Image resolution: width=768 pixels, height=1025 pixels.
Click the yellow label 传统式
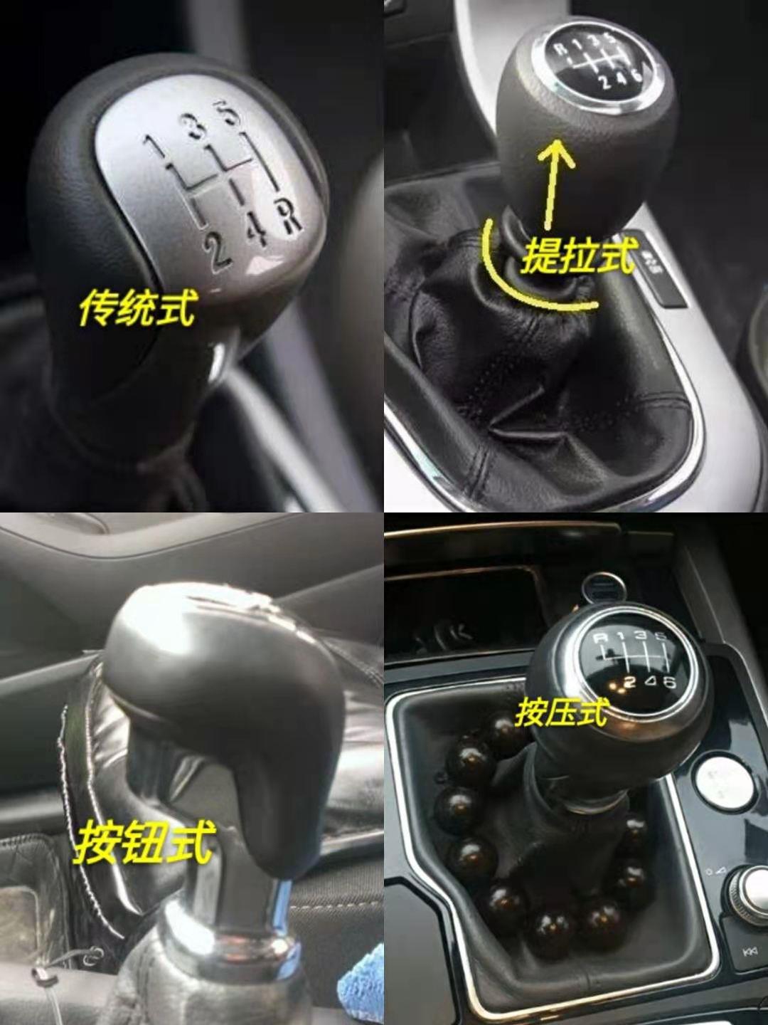click(x=137, y=307)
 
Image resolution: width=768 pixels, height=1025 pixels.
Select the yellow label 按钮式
click(x=144, y=842)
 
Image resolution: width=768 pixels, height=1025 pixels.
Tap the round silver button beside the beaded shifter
click(x=724, y=784)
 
